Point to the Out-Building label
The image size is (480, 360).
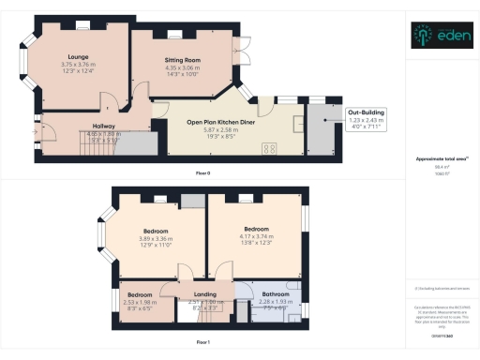[x=367, y=112]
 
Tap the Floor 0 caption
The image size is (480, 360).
[x=202, y=173]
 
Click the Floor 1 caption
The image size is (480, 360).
[x=202, y=343]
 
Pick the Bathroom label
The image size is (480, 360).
[x=275, y=294]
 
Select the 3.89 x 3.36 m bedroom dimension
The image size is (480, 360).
[x=156, y=238]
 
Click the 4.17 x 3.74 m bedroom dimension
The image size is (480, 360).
[x=257, y=236]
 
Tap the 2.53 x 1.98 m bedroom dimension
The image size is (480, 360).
[x=142, y=302]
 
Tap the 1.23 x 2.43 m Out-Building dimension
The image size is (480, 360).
[x=367, y=120]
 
